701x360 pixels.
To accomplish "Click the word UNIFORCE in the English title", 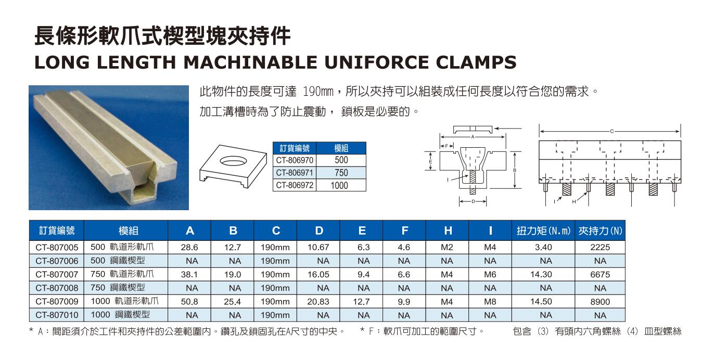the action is pos(375,62).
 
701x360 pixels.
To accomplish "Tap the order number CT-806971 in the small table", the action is pos(295,173).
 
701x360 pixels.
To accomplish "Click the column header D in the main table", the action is pos(318,230).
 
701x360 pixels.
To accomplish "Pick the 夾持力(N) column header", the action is pos(600,231).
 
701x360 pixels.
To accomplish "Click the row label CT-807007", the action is pos(57,274).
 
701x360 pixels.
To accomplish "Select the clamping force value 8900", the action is pos(600,302).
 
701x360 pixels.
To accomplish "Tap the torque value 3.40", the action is pos(543,247).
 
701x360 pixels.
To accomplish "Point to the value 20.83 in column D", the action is pos(318,302).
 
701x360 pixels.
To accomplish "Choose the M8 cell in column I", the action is pos(490,302).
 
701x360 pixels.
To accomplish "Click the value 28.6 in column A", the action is pos(189,247).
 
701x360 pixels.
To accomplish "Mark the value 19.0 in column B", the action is pos(232,274).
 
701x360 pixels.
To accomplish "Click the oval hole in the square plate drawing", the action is pos(233,160).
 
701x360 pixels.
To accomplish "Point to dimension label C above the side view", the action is pos(612,132).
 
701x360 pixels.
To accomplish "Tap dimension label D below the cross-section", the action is pos(473,201).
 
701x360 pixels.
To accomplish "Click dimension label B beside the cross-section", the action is pos(515,170).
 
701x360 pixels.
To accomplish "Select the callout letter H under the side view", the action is pos(573,202).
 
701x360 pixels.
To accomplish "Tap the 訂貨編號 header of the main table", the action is pos(57,230).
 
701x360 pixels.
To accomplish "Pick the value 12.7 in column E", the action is pos(361,302).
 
